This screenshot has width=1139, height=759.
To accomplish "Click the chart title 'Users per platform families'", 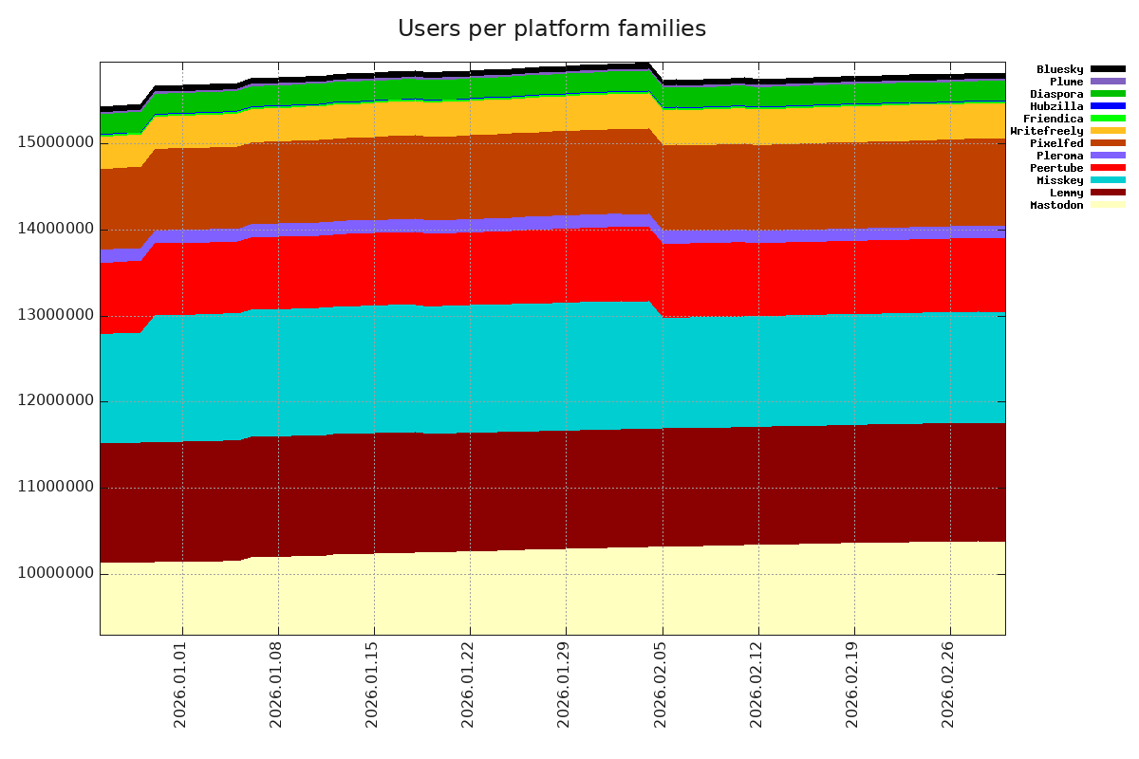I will [x=551, y=29].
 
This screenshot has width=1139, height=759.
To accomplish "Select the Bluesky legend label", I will [x=1059, y=69].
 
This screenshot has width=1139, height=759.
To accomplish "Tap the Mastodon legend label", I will [x=1056, y=205].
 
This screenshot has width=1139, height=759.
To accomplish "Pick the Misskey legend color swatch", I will [x=1108, y=180].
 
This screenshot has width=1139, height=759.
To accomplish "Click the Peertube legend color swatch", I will [x=1108, y=168].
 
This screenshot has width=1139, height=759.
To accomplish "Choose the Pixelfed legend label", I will [x=1056, y=143].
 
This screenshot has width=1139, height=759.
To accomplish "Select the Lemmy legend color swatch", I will [x=1108, y=193].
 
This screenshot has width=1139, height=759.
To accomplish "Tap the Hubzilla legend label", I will [x=1056, y=106].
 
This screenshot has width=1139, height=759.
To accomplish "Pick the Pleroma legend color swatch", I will [x=1108, y=156].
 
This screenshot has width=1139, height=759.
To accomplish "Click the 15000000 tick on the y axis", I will [x=48, y=142].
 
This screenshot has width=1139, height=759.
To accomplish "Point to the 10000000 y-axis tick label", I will [x=48, y=574].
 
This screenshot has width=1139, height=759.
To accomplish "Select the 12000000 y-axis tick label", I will [x=48, y=401].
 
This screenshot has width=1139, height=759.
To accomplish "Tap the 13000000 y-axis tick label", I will [x=48, y=315].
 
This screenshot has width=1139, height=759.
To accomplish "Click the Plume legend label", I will [x=1063, y=82].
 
